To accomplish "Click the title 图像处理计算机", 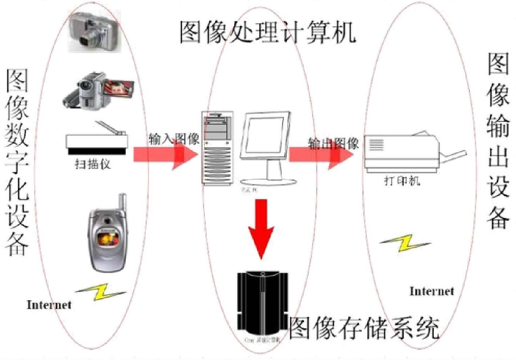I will point(267,30).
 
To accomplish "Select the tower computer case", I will point(217,147).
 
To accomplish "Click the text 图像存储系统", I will point(363,328).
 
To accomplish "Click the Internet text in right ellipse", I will point(432,291).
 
